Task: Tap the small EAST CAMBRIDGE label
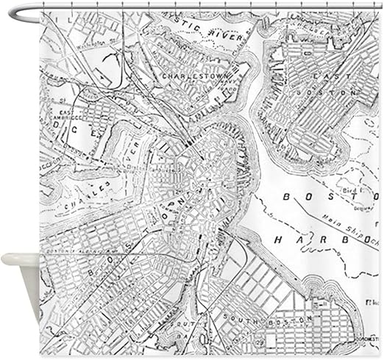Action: tap(65, 115)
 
